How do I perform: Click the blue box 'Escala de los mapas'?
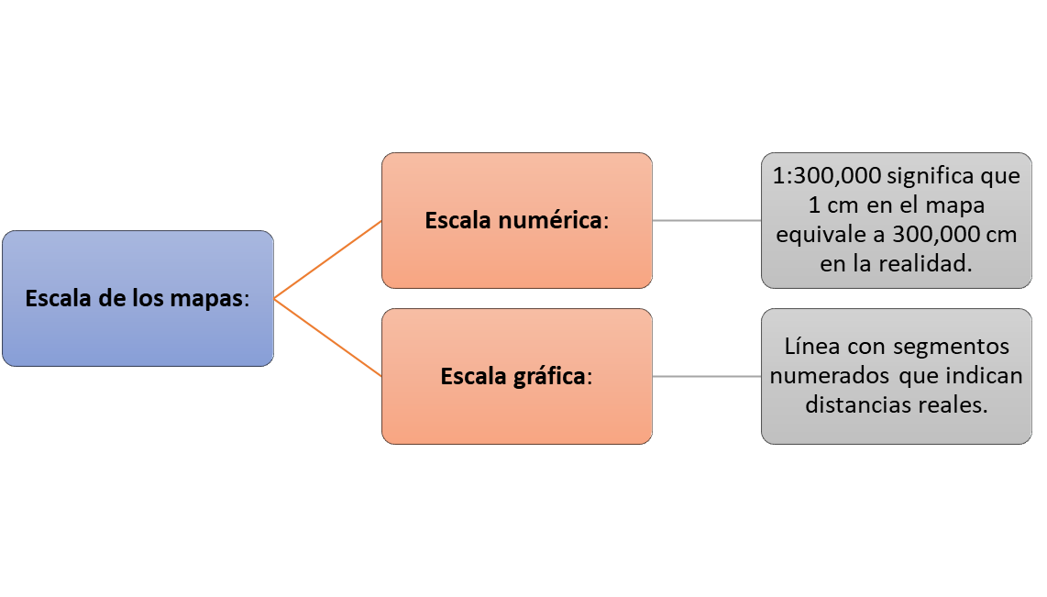pyautogui.click(x=138, y=299)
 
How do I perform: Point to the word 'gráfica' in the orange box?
pyautogui.click(x=550, y=377)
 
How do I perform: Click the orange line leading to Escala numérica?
pyautogui.click(x=328, y=260)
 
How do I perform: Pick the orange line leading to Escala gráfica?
pyautogui.click(x=328, y=337)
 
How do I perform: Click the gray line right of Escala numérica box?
pyautogui.click(x=707, y=220)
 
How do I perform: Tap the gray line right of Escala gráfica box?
pyautogui.click(x=707, y=377)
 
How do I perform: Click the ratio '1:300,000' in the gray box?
pyautogui.click(x=827, y=176)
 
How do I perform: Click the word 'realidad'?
pyautogui.click(x=925, y=264)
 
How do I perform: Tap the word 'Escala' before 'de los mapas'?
pyautogui.click(x=59, y=299)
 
